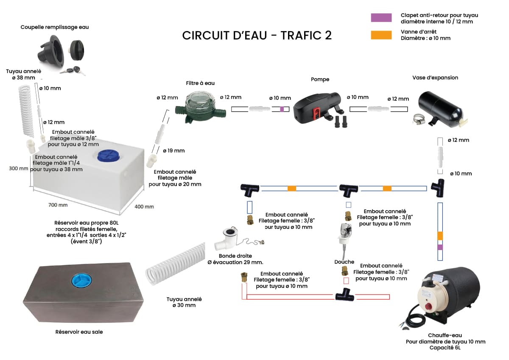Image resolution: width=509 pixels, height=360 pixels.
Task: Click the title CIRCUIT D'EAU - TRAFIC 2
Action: click(x=257, y=36)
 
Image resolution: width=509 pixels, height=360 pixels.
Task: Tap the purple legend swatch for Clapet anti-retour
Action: click(x=381, y=18)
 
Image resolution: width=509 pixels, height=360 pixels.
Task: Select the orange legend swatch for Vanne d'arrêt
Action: click(x=381, y=35)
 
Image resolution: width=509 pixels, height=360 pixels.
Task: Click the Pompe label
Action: click(x=320, y=79)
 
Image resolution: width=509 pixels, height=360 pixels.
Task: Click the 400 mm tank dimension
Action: click(x=144, y=207)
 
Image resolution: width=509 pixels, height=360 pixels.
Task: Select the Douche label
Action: click(x=344, y=262)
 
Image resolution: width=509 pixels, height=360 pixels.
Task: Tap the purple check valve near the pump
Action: click(x=281, y=109)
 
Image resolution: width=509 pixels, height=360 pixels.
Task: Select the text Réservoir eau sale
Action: click(x=79, y=332)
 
